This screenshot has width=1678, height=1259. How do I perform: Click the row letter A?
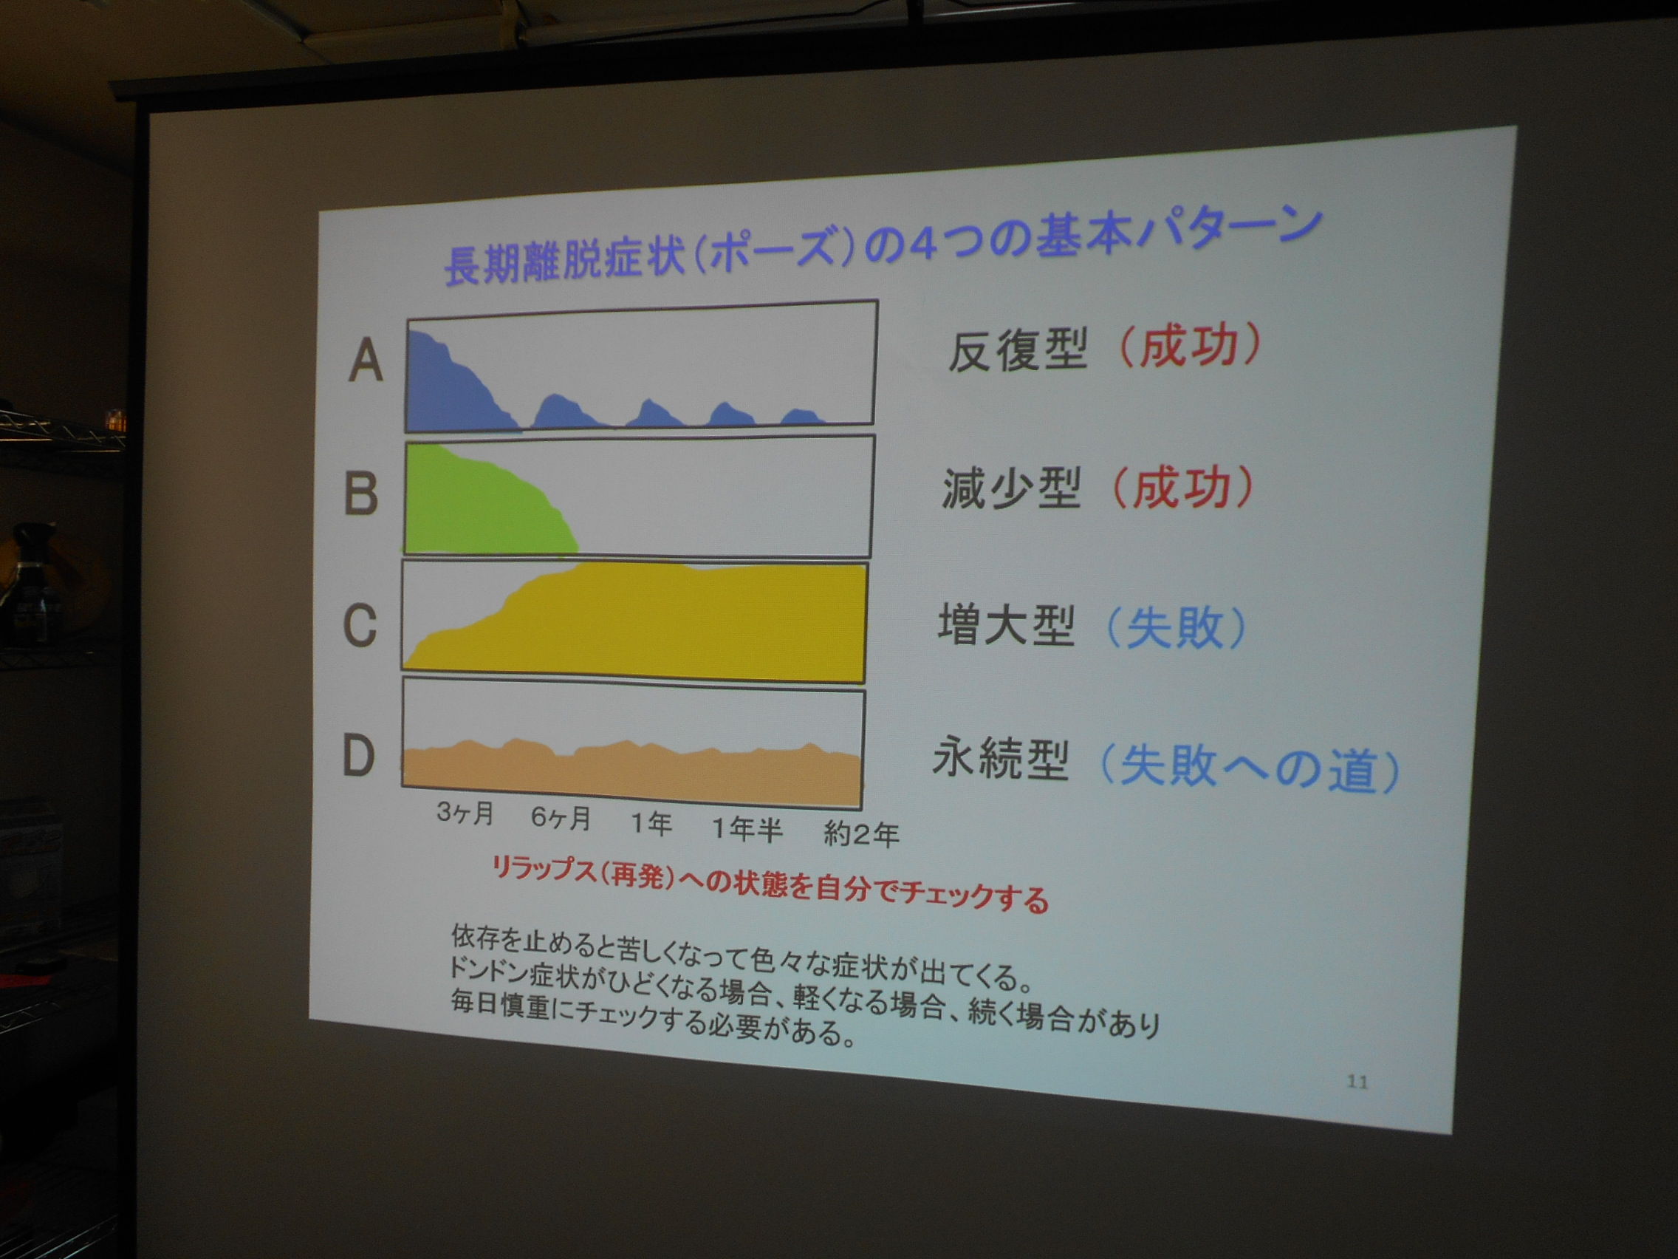point(366,361)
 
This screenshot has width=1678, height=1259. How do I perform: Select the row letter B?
point(361,494)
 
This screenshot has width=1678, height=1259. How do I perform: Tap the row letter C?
point(360,625)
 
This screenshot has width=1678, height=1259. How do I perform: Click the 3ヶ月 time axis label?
point(465,813)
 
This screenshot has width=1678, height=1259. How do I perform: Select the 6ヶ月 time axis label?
point(561,817)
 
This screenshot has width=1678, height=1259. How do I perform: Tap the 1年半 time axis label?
point(747,829)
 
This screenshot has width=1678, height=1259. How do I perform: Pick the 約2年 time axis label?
point(862,834)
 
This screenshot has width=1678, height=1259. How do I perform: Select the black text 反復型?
point(1017,350)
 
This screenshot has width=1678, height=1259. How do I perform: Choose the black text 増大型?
point(1007,624)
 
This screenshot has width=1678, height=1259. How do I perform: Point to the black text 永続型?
point(1001,759)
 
